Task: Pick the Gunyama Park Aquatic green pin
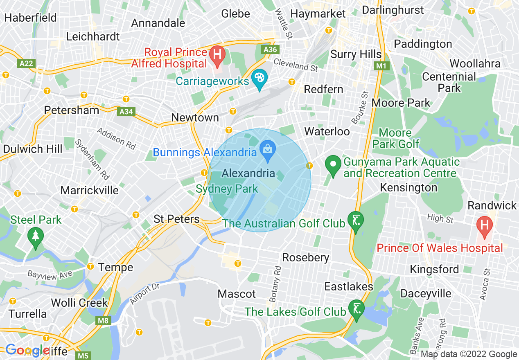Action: [x=333, y=166]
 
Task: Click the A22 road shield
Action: [x=26, y=63]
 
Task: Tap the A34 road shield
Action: [x=126, y=112]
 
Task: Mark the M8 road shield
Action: [x=104, y=321]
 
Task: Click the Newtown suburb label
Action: [x=195, y=118]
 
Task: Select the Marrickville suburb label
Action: [x=89, y=190]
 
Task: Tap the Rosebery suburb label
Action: [x=306, y=257]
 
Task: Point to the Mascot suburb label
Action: [x=237, y=294]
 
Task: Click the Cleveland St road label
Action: [x=296, y=65]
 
